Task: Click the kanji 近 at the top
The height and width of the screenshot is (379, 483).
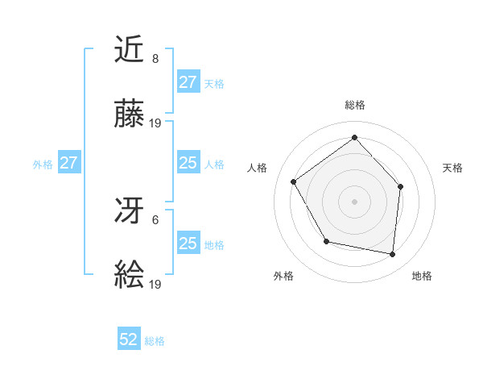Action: tap(130, 51)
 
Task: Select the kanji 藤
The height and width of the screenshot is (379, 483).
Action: tap(130, 115)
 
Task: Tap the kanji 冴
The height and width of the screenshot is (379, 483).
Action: tap(130, 212)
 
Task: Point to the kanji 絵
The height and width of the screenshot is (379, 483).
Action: tap(130, 277)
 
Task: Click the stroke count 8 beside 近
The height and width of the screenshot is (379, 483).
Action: tap(155, 59)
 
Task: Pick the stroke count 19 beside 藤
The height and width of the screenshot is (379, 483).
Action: tap(156, 123)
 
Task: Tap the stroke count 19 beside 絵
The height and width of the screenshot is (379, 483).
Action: tap(156, 285)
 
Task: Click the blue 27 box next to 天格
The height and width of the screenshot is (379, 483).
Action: tap(188, 82)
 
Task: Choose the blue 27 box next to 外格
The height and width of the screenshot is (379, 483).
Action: tap(68, 163)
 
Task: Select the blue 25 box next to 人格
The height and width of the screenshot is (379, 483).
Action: tap(188, 163)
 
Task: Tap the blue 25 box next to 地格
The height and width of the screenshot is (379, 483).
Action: tap(188, 244)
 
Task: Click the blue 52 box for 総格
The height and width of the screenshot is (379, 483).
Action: tap(129, 339)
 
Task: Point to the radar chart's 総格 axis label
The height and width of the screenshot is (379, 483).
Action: tap(354, 105)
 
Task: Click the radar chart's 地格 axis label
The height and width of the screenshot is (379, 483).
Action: tap(422, 276)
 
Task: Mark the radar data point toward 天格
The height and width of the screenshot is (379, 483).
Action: tap(401, 186)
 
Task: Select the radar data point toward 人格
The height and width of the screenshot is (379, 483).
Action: tap(294, 181)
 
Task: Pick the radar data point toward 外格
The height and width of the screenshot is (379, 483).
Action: tap(326, 241)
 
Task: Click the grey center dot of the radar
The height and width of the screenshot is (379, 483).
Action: tap(354, 201)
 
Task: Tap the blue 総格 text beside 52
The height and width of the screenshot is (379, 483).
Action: tap(155, 341)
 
